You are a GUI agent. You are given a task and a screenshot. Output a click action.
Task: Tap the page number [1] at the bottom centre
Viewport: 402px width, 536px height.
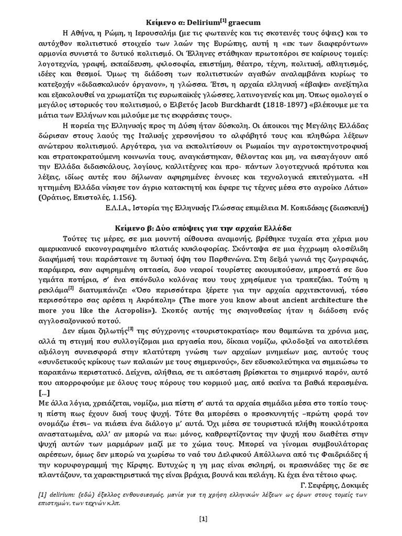click(x=203, y=519)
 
